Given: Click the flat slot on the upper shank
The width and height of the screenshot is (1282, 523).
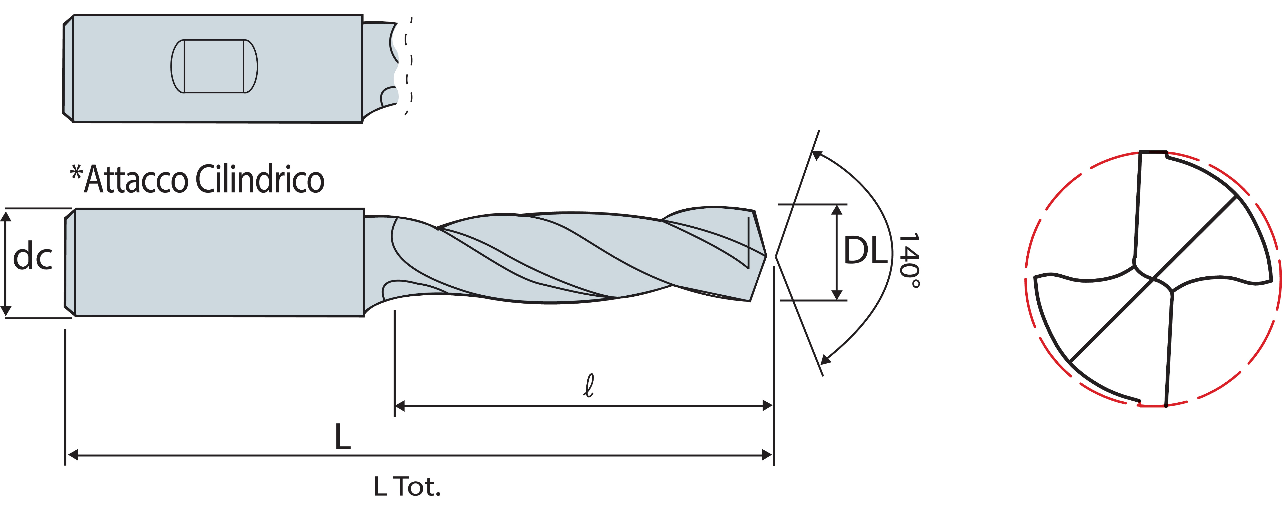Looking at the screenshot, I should click(214, 66).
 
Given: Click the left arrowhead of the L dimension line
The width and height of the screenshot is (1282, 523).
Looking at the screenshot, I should click(73, 455).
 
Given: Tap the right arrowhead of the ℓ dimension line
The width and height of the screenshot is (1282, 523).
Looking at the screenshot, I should click(767, 406).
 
